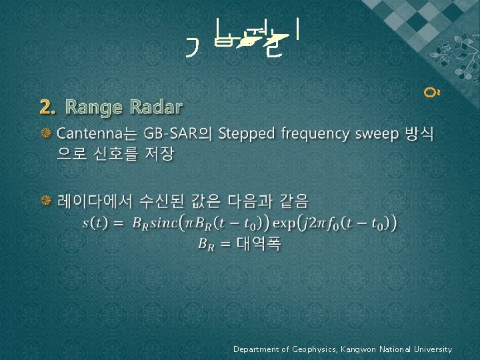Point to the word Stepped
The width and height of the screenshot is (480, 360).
247,134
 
